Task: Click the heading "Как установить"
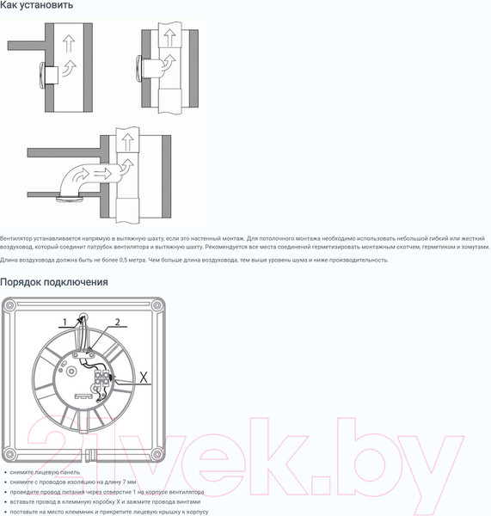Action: click(x=36, y=5)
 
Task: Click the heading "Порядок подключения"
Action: click(x=54, y=282)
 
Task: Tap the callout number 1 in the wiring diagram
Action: click(x=64, y=322)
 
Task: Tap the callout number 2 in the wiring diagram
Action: click(x=118, y=322)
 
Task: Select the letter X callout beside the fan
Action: click(x=144, y=378)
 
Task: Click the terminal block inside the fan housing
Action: click(x=101, y=378)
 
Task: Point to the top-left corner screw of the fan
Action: click(x=9, y=305)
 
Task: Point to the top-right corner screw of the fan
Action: click(x=157, y=305)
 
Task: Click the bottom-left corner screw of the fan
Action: click(x=9, y=454)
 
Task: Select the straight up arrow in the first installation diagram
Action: click(x=69, y=44)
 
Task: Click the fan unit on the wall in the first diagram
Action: click(x=49, y=76)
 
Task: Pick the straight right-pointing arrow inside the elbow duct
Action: click(x=103, y=173)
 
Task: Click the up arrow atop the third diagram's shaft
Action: click(x=127, y=143)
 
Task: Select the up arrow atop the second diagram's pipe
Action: click(x=169, y=38)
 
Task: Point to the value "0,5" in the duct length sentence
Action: click(x=123, y=260)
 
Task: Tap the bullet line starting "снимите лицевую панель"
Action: click(x=45, y=472)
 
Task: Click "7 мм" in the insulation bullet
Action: click(x=129, y=482)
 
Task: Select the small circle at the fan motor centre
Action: click(x=71, y=372)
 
